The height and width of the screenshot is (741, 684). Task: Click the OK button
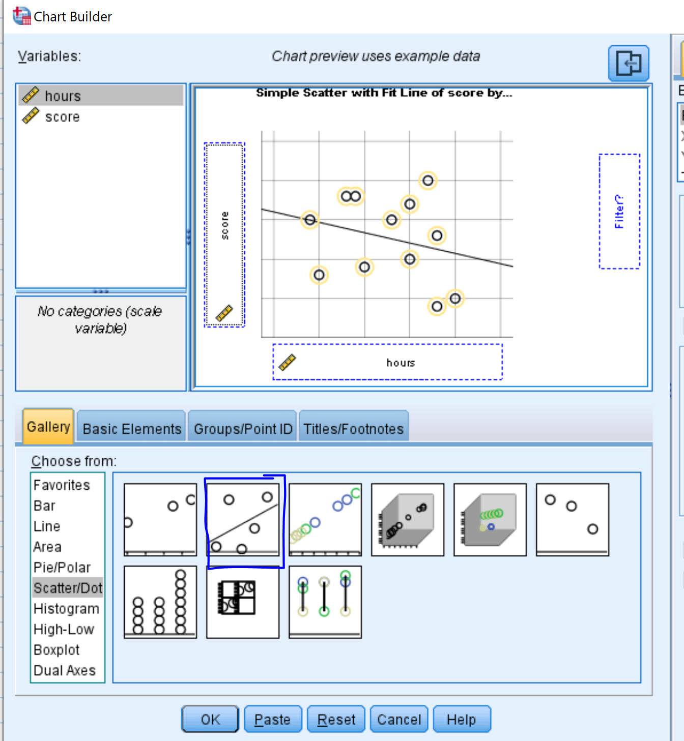pos(210,719)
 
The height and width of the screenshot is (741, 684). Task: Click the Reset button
pos(336,719)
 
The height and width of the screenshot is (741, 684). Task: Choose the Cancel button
pos(399,719)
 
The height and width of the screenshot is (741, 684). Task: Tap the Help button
pos(462,719)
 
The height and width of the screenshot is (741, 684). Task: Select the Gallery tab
pos(48,427)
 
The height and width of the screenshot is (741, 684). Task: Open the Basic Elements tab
pos(132,429)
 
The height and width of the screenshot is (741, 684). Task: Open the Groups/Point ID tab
pos(243,429)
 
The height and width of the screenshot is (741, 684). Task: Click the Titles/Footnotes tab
pos(353,429)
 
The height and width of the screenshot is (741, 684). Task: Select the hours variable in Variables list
pos(63,96)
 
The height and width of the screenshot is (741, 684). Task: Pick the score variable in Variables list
pos(62,117)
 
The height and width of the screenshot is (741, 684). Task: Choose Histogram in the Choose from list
pos(66,609)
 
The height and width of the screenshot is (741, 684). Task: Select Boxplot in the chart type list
pos(56,650)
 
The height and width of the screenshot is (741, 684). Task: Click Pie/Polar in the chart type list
pos(62,568)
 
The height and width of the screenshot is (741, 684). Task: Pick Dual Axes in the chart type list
pos(64,670)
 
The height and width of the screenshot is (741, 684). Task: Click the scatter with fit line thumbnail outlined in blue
pos(243,520)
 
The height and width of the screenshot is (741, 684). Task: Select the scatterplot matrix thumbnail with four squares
pos(243,602)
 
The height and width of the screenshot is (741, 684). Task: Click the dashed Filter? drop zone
pos(619,211)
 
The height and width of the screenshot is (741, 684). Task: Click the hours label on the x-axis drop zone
pos(401,363)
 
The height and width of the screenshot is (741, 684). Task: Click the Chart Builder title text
pos(73,17)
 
